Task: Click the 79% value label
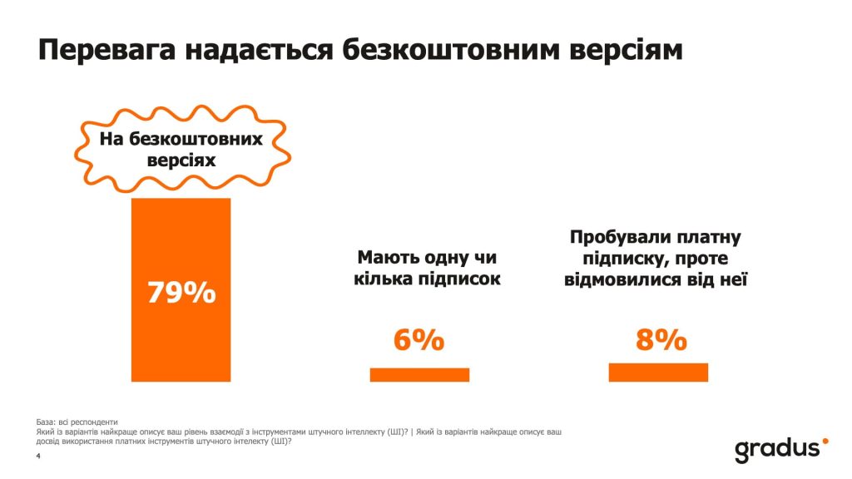181,293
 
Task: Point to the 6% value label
419,340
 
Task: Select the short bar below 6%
419,375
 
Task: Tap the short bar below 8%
658,373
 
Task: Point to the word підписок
461,279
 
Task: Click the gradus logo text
776,450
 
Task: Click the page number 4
37,456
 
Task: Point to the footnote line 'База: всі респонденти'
77,421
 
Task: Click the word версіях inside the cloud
181,160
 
